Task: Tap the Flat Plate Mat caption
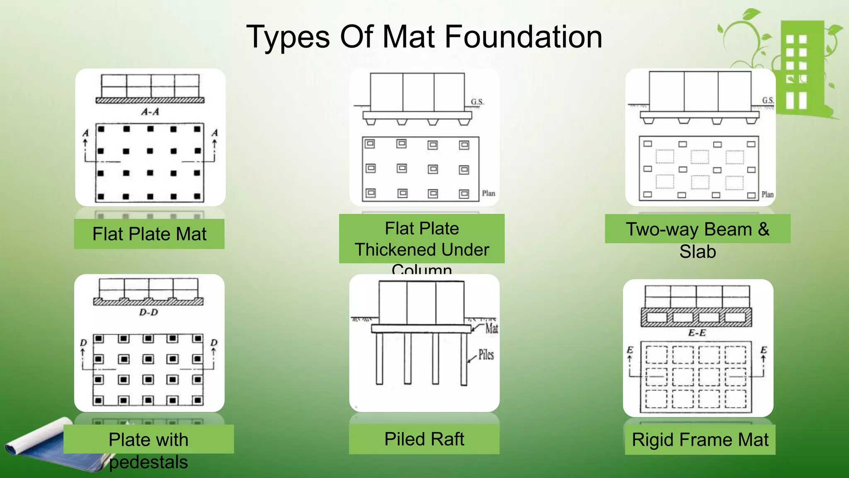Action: tap(149, 234)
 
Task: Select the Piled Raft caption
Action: tap(424, 439)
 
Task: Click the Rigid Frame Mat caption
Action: tap(700, 439)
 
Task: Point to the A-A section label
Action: tap(150, 112)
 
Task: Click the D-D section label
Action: tap(148, 312)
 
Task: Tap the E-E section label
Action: tap(697, 333)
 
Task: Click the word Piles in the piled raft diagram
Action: tap(486, 354)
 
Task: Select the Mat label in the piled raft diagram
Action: tap(492, 328)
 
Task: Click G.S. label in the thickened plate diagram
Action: tap(477, 102)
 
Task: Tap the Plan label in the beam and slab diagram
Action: tap(767, 194)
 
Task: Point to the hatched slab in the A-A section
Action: tap(150, 100)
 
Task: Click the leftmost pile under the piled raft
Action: tap(379, 359)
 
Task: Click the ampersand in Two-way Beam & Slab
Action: tap(764, 229)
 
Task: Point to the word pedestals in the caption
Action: tap(148, 462)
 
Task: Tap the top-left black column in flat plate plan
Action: tap(101, 129)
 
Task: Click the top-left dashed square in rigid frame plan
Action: tap(656, 355)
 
